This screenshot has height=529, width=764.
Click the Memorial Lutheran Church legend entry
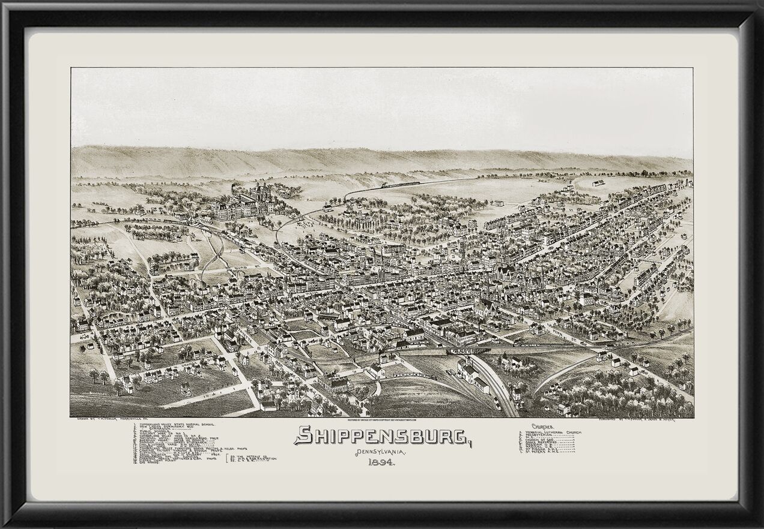pyautogui.click(x=548, y=432)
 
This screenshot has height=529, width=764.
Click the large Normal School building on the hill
pyautogui.click(x=243, y=203)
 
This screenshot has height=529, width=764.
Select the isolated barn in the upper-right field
pyautogui.click(x=598, y=182)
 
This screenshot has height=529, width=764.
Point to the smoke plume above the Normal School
pyautogui.click(x=232, y=187)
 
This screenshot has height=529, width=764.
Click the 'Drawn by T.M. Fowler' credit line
pyautogui.click(x=99, y=419)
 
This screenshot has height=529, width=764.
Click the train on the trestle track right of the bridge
pyautogui.click(x=529, y=345)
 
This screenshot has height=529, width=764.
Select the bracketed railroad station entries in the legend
pyautogui.click(x=252, y=459)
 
